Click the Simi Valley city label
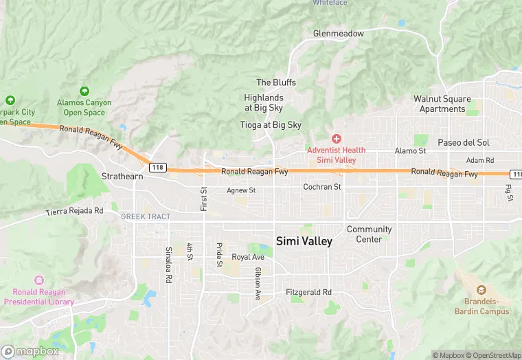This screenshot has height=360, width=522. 304,241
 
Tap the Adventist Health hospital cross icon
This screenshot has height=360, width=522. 337,139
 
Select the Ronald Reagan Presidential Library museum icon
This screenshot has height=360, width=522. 38,280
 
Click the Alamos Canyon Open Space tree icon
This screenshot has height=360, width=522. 84,91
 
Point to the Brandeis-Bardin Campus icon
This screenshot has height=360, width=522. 481,291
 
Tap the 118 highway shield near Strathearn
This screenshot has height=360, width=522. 157,167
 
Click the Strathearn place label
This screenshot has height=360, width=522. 123,176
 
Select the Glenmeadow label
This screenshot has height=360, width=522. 338,33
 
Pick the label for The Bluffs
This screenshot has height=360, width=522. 276,82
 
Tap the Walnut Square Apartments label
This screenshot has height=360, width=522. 442,104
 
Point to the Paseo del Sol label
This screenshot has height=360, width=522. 463,142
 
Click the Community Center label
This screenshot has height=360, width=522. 369,234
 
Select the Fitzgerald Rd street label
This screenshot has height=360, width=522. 308,292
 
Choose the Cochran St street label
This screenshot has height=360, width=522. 322,187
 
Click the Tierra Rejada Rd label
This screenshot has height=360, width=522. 74,211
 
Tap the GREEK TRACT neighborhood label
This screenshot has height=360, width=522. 146,216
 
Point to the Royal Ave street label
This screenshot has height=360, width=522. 248,257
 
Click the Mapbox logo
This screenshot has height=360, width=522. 31,351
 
